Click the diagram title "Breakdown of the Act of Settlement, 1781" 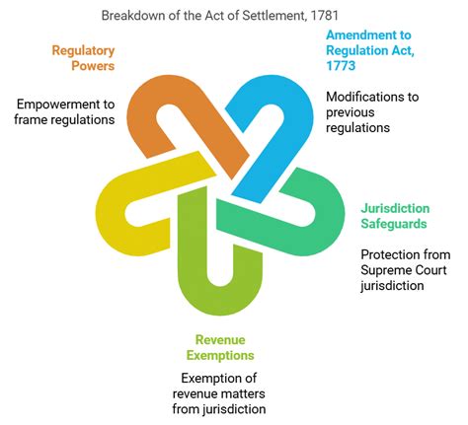(x=234, y=15)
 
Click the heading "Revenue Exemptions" (x=226, y=346)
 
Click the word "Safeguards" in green (x=393, y=224)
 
